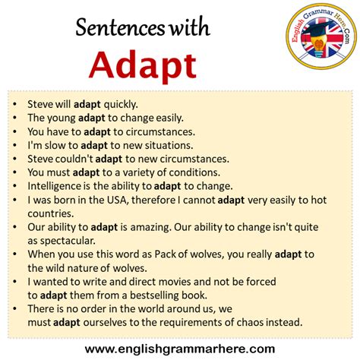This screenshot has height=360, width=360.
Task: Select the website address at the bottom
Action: (x=179, y=349)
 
